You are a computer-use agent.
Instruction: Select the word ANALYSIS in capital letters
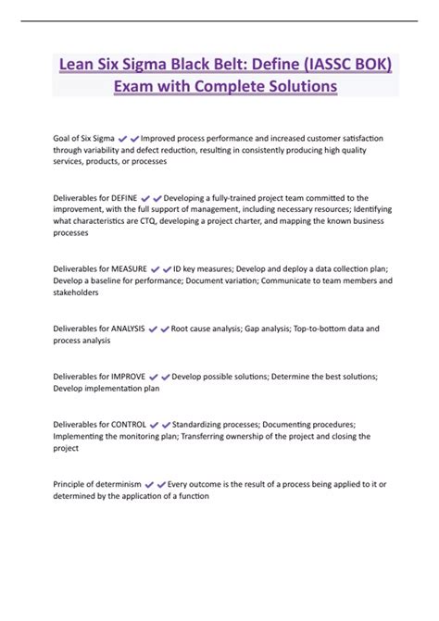129,328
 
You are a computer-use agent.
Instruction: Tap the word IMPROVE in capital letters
128,377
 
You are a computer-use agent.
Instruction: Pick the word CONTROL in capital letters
128,425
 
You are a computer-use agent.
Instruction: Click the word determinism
119,484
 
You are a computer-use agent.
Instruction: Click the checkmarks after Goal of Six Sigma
129,138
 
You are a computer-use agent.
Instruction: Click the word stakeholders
76,292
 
